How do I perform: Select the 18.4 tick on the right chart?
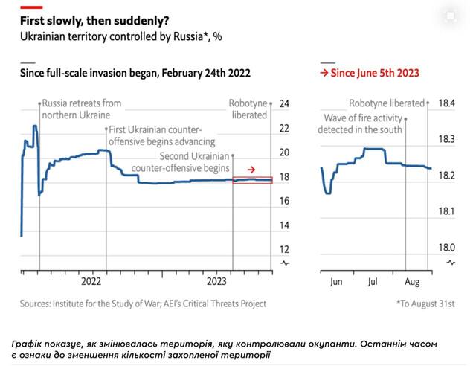coord(447,103)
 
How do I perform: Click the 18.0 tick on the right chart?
coord(447,248)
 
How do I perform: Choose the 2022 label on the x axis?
coord(91,282)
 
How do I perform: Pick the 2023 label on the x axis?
coord(216,282)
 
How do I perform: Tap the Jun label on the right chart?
coord(336,282)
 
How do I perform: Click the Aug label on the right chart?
coord(411,282)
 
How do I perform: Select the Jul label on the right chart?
coord(374,282)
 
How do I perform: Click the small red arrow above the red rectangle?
coord(252,170)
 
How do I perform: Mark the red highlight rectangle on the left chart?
coord(253,180)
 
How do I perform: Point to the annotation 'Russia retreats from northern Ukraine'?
coord(82,109)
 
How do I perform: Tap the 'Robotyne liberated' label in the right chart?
coord(387,103)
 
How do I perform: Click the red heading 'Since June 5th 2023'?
coord(369,73)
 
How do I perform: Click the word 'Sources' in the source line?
coord(34,304)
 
